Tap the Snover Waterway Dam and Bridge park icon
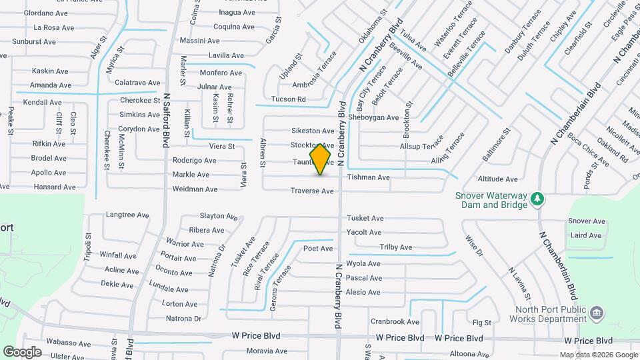[537, 199]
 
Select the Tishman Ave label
[368, 177]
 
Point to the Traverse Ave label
[311, 191]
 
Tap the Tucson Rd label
[288, 99]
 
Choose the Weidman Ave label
[195, 189]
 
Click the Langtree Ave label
[127, 215]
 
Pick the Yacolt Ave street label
[363, 233]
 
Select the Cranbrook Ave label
[395, 321]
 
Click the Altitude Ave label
[498, 179]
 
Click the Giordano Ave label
[45, 13]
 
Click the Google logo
[22, 352]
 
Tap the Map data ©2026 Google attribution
[598, 355]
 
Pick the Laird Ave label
[586, 235]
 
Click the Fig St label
[481, 323]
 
